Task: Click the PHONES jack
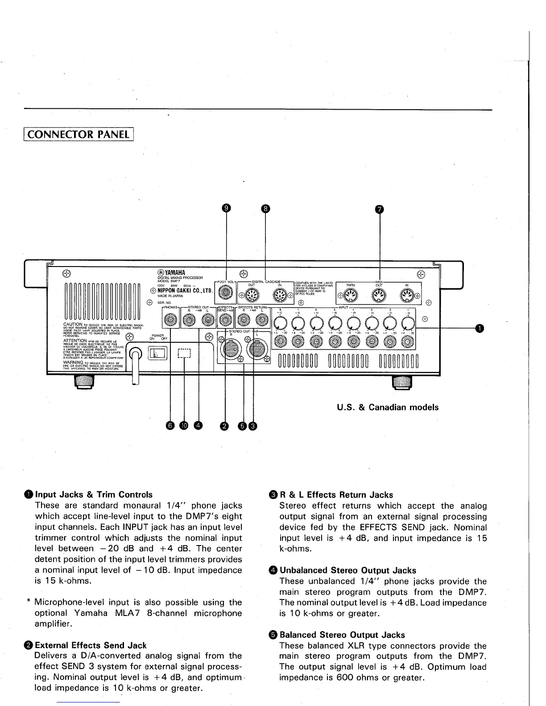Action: coord(170,320)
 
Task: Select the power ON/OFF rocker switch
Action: coord(158,353)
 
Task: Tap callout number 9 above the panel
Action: coord(227,208)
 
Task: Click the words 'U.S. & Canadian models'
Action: coord(387,407)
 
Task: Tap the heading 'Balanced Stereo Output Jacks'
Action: coord(342,635)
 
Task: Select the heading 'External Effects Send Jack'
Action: coord(91,645)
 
